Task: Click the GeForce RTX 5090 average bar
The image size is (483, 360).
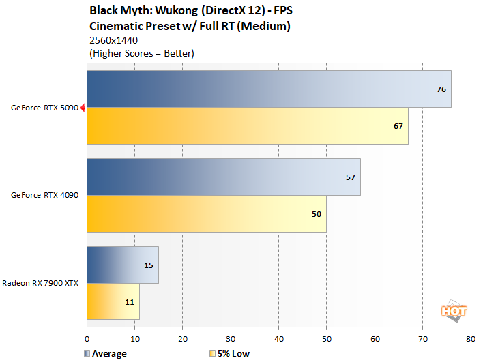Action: [269, 89]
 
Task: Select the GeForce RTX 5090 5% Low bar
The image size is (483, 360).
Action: [247, 125]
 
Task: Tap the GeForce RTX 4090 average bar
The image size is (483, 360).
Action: [223, 177]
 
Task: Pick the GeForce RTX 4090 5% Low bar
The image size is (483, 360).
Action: [206, 213]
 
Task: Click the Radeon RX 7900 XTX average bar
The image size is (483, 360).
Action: [123, 265]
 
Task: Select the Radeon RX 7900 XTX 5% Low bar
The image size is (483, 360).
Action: [113, 301]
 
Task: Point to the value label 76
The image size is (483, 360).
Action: [441, 89]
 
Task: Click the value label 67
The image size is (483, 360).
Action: [398, 125]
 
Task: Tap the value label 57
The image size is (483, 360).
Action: [351, 177]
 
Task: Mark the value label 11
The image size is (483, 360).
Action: [130, 301]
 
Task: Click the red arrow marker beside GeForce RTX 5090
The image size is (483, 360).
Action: [83, 107]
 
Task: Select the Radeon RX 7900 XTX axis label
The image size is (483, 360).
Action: [40, 283]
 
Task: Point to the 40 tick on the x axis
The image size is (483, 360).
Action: [279, 337]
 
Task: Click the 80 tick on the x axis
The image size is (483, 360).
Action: [470, 337]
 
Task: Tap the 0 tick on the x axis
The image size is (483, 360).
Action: [87, 337]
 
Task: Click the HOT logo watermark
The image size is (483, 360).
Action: [454, 310]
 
